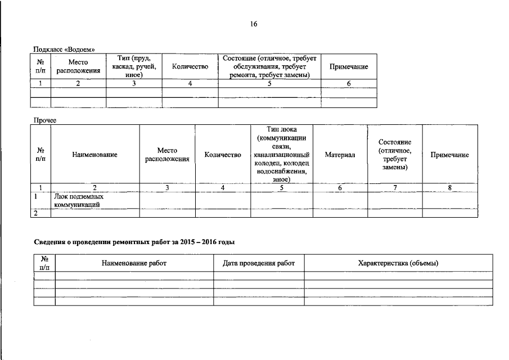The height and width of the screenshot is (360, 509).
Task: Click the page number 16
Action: pyautogui.click(x=254, y=24)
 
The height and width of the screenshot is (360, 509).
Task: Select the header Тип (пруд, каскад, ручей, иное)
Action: pyautogui.click(x=134, y=66)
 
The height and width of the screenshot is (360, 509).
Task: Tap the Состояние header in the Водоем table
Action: pyautogui.click(x=269, y=66)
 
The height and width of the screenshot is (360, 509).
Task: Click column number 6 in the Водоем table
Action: pyautogui.click(x=349, y=84)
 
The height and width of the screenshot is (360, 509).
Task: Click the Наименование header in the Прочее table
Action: pyautogui.click(x=94, y=155)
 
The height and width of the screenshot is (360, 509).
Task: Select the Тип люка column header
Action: pyautogui.click(x=281, y=154)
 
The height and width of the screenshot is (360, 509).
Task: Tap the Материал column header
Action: pyautogui.click(x=340, y=155)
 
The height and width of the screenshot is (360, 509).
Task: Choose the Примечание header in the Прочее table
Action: pyautogui.click(x=449, y=155)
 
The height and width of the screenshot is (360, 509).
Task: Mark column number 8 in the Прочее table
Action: pyautogui.click(x=450, y=187)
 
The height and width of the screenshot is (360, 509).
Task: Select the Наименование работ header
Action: pyautogui.click(x=134, y=263)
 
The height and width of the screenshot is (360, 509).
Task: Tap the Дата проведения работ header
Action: pyautogui.click(x=259, y=263)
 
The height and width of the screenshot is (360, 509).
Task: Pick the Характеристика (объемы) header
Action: pyautogui.click(x=398, y=263)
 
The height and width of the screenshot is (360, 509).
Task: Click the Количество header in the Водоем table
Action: pyautogui.click(x=190, y=67)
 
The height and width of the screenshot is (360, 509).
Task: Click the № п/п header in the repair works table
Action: pyautogui.click(x=44, y=263)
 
